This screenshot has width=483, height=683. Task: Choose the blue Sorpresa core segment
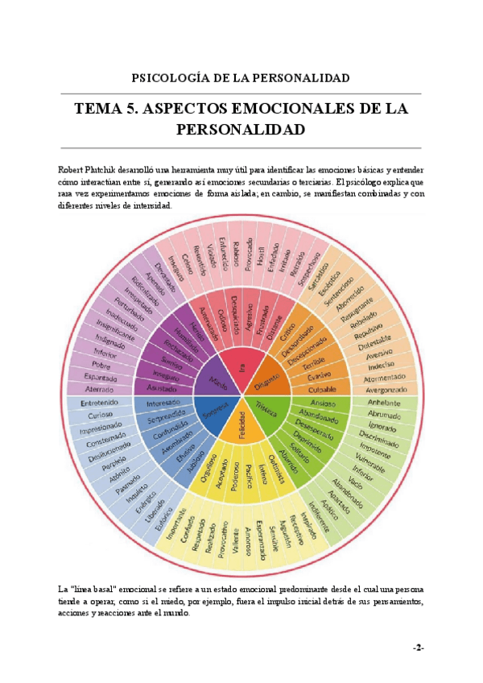click(213, 410)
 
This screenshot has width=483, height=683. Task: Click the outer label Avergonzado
click(382, 389)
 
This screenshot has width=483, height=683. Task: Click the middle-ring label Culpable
click(321, 389)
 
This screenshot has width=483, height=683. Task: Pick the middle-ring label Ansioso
click(322, 403)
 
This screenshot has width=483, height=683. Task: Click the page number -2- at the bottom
click(418, 648)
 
